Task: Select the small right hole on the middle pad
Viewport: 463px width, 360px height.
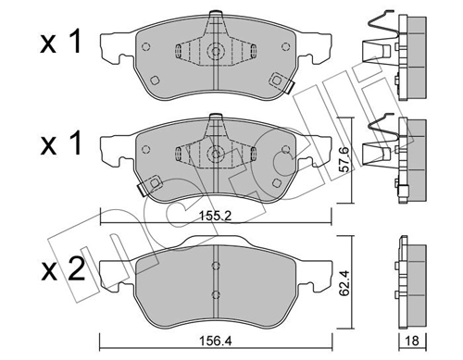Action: point(274,179)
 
